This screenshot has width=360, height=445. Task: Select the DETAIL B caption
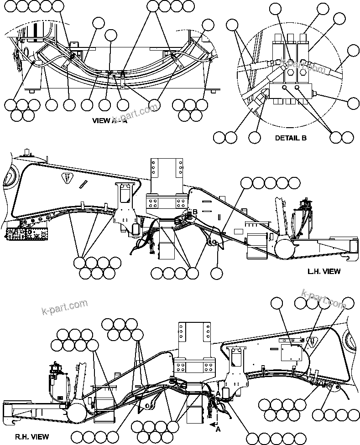pos(291,137)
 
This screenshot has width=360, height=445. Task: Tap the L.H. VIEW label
pos(323,271)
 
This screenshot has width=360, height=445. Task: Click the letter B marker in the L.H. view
pos(194,212)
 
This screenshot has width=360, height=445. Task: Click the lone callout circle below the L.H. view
pos(217,273)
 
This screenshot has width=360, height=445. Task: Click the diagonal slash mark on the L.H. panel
pos(83,184)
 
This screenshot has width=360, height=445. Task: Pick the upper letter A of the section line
pos(218,393)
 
